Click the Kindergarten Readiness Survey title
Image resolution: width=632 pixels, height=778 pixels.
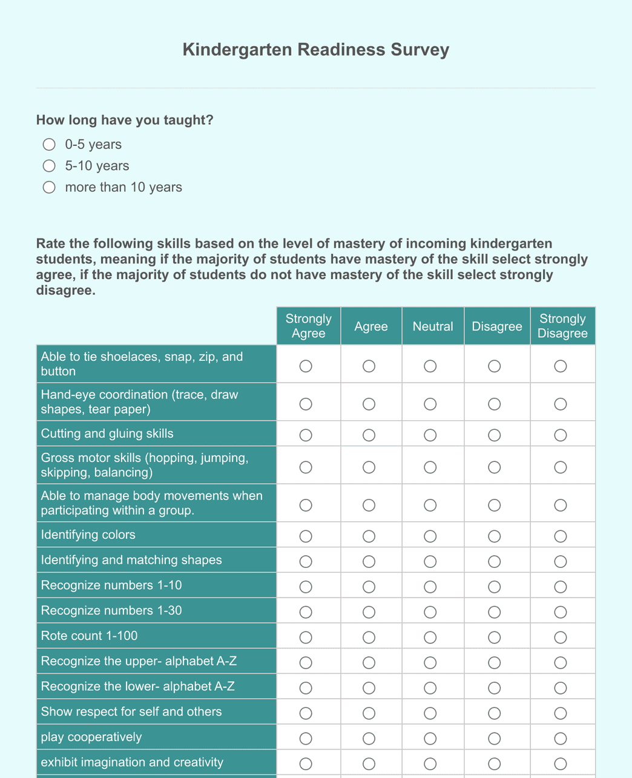pos(315,50)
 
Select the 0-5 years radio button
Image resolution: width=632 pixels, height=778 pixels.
pos(49,144)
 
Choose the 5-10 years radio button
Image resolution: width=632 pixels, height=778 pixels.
pos(49,166)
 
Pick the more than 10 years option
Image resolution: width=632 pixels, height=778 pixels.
pos(49,187)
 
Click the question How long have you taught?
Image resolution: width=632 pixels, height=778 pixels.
pos(125,120)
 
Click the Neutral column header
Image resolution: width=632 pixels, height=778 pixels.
pos(432,326)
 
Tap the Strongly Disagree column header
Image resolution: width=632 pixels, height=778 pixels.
pos(562,326)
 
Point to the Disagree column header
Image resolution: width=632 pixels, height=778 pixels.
pos(496,326)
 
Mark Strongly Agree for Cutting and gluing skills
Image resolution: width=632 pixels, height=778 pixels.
pos(306,435)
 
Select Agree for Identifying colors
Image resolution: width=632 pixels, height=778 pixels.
pos(369,536)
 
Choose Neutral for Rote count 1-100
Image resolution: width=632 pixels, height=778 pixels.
pos(430,638)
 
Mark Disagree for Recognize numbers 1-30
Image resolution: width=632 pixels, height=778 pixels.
pos(495,612)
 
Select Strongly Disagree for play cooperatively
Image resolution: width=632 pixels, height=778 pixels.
pos(561,739)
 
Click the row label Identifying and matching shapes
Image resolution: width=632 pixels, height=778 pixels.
pos(131,560)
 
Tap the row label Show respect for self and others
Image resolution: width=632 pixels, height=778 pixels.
pos(131,711)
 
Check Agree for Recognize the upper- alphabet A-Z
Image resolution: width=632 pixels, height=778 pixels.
pos(369,663)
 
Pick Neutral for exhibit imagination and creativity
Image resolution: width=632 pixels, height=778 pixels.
pos(430,763)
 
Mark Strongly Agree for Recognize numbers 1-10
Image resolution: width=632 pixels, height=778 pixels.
pos(306,587)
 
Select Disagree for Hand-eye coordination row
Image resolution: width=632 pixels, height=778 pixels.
pos(495,404)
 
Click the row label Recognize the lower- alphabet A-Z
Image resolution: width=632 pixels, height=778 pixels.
pos(137,686)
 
